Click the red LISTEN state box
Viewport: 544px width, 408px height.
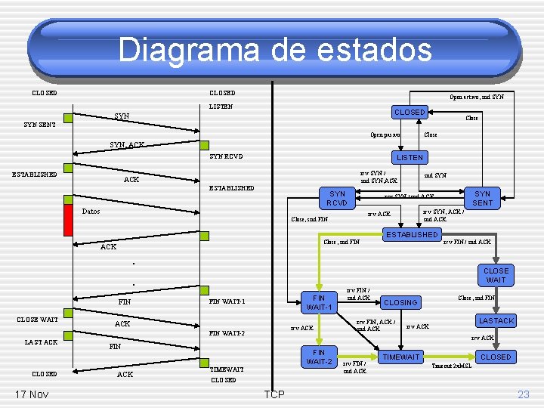[x=410, y=157]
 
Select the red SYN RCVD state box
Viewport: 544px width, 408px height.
[x=337, y=199]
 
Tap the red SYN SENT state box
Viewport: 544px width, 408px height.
[x=483, y=199]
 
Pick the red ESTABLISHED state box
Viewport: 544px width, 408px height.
[x=412, y=235]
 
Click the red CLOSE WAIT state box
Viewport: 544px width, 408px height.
[x=496, y=275]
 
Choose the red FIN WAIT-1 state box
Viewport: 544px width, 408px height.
[x=319, y=303]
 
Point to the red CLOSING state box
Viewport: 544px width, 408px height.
[x=400, y=302]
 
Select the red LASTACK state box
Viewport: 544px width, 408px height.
[x=496, y=321]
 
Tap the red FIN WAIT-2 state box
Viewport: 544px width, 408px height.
[x=319, y=357]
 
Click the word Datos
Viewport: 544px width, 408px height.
[x=91, y=212]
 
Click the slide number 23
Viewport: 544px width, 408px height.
[x=524, y=394]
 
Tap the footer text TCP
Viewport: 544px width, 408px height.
[x=274, y=394]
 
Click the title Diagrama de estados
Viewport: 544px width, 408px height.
[x=275, y=50]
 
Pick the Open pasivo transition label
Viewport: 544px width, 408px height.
[x=385, y=135]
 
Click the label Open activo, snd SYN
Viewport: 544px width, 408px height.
[x=477, y=97]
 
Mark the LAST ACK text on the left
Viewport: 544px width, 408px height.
[x=41, y=342]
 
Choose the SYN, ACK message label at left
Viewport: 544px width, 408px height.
[x=127, y=144]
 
